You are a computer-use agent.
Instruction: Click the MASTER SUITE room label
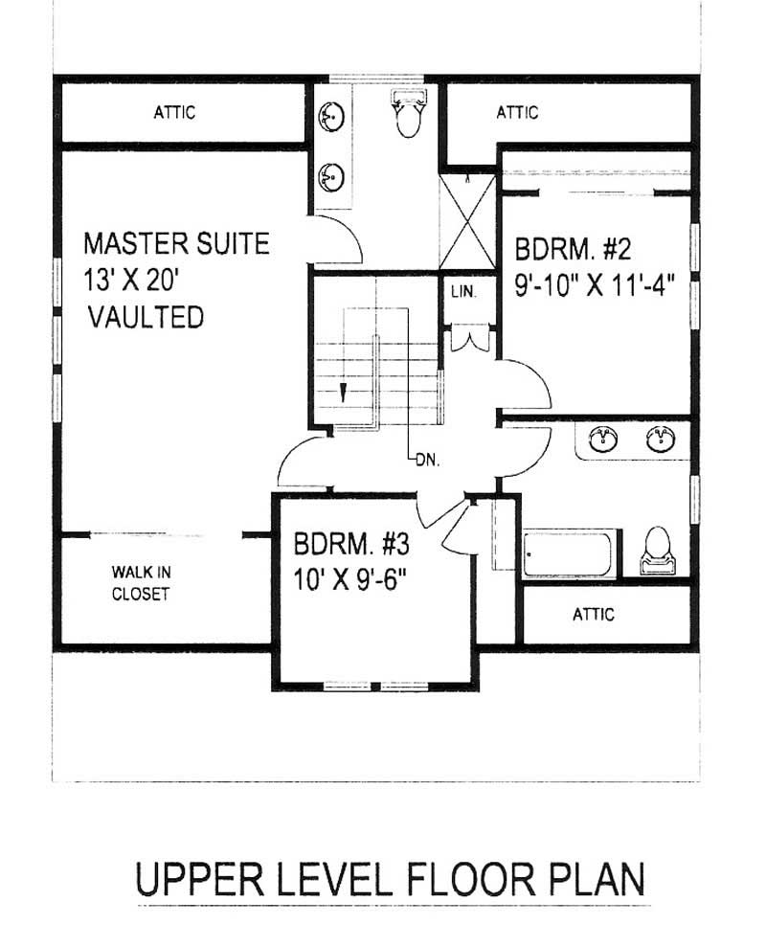(x=176, y=243)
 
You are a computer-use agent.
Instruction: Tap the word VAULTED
(x=146, y=317)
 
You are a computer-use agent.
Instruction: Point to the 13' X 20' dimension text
(x=144, y=280)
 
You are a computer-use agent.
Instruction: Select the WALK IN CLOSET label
(x=141, y=583)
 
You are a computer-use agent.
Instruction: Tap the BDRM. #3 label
(x=351, y=545)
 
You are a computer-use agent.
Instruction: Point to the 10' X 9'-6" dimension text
(x=359, y=580)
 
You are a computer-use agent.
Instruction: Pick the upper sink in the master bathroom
(x=331, y=118)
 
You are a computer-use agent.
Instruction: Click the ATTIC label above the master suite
(x=174, y=113)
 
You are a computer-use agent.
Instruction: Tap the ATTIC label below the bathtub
(x=593, y=614)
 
